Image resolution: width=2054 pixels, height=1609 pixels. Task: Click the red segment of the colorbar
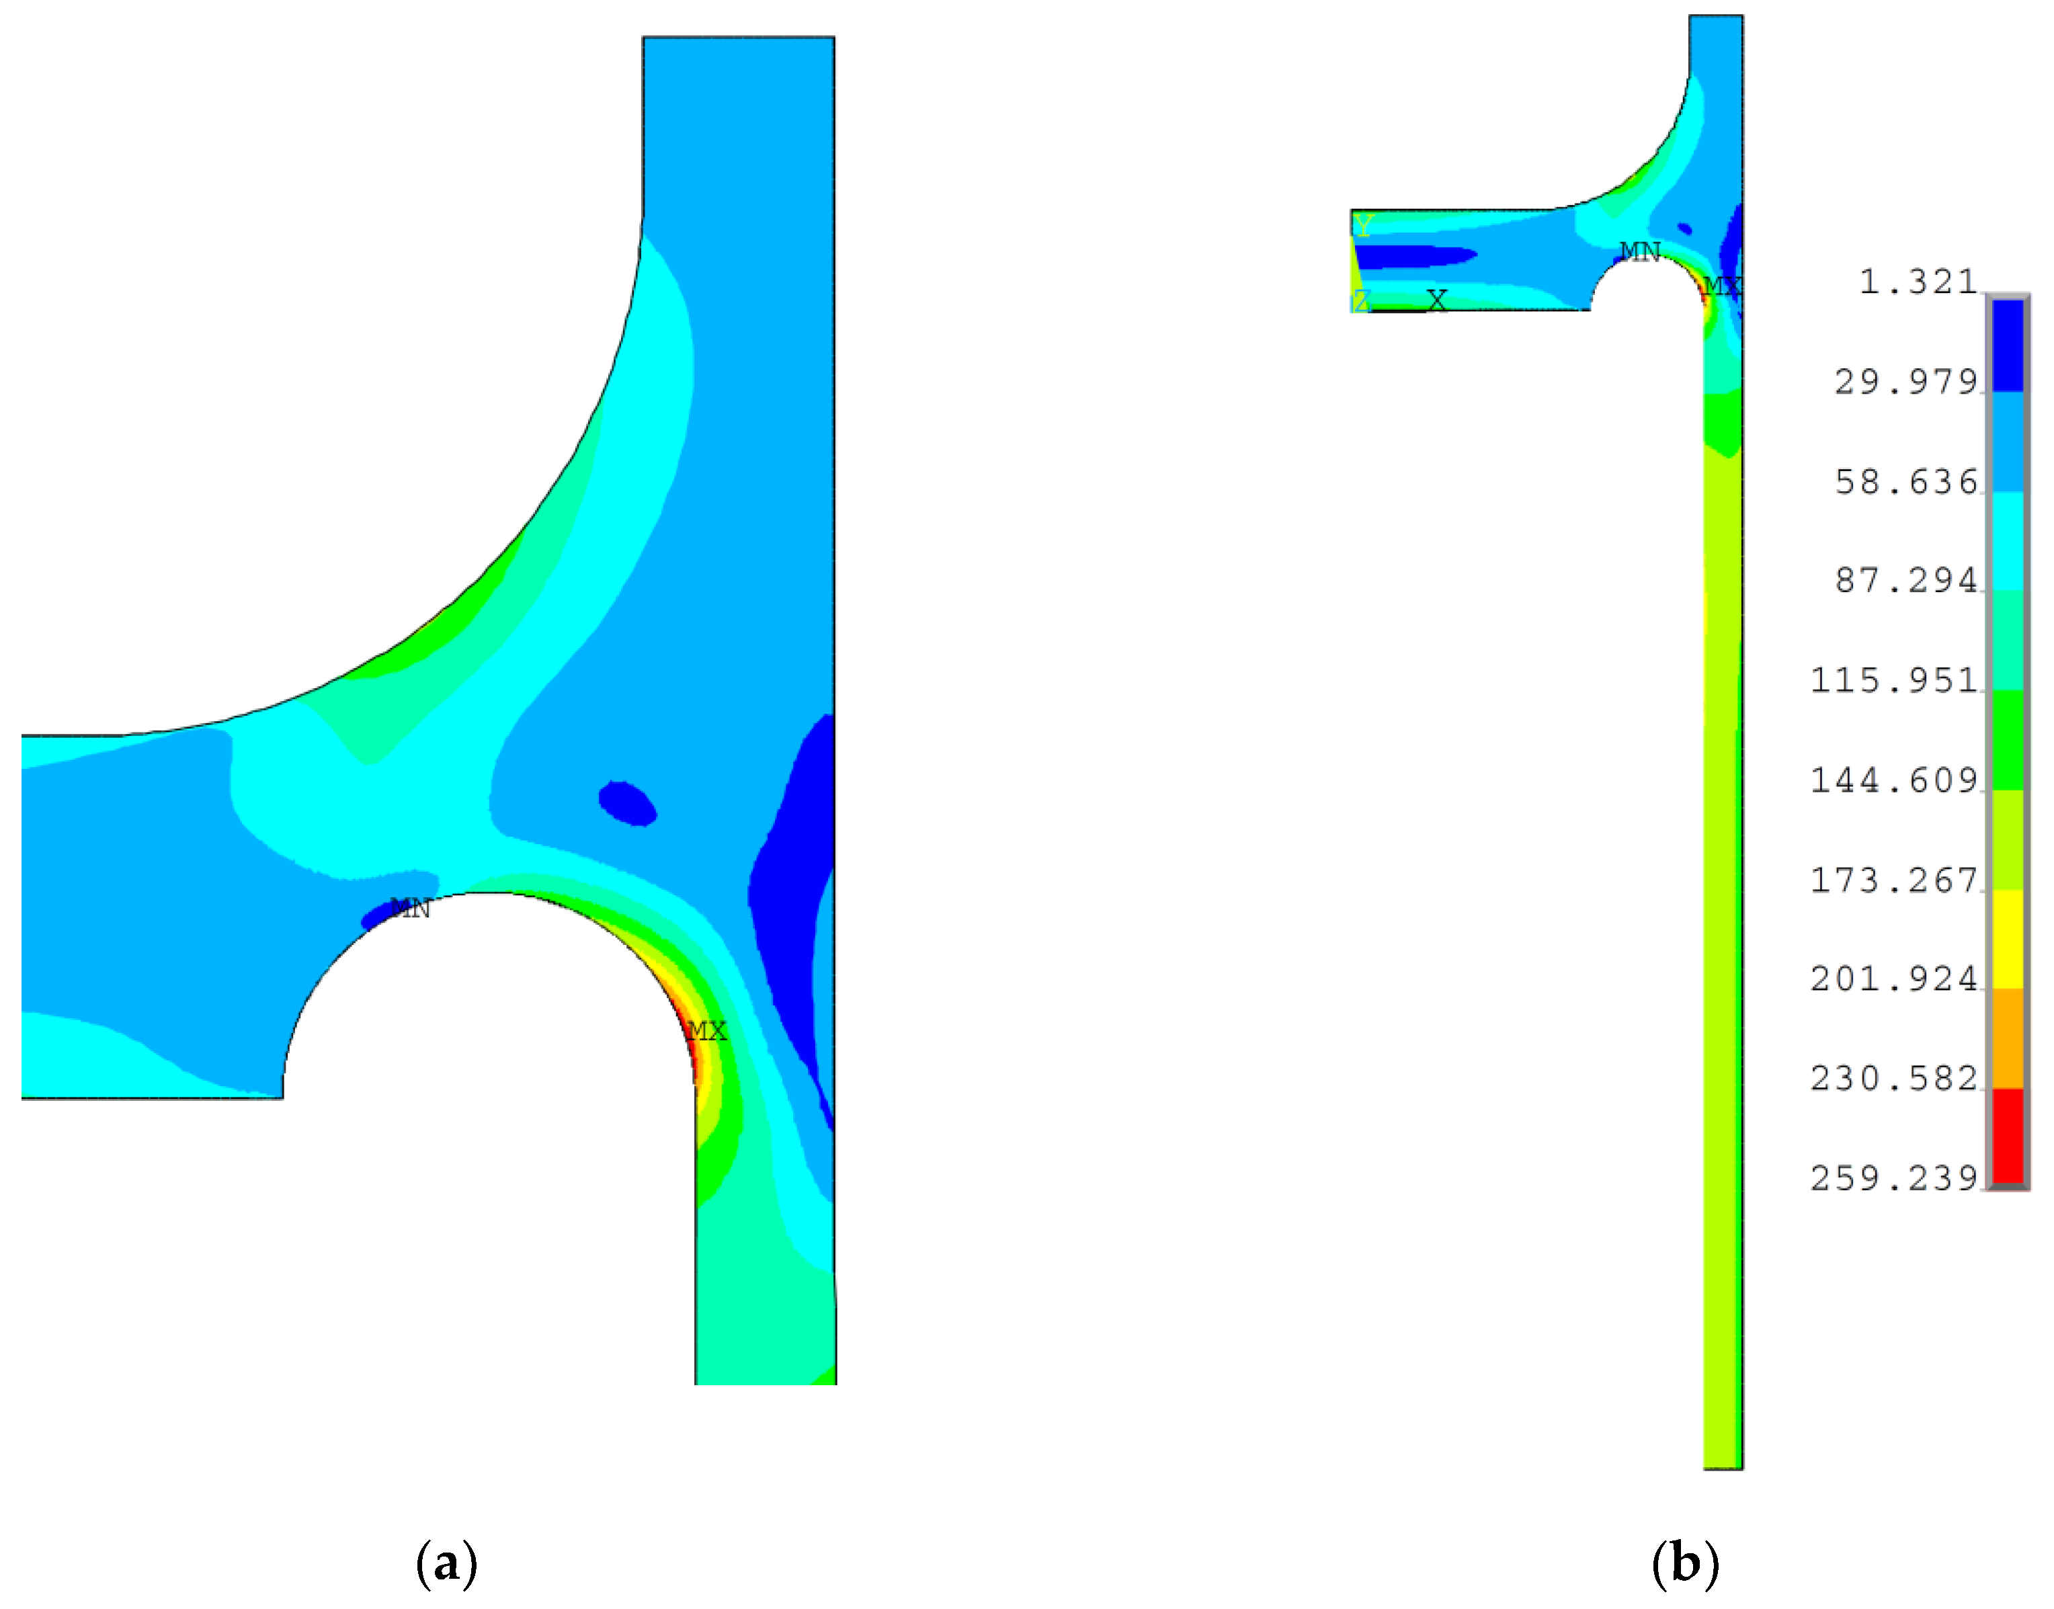click(x=2008, y=1134)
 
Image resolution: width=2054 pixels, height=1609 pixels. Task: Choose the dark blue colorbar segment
click(x=2008, y=345)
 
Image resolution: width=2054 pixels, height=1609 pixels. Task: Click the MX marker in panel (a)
click(x=706, y=1030)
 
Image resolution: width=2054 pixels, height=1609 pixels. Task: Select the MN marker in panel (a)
click(x=410, y=908)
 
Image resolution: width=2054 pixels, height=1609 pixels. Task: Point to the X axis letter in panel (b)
click(x=1436, y=300)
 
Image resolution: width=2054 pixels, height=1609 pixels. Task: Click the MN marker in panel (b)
click(x=1639, y=251)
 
